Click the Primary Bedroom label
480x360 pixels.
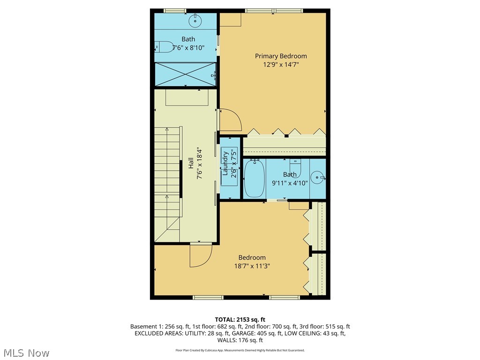click(x=281, y=56)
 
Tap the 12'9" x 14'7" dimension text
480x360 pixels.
click(x=281, y=65)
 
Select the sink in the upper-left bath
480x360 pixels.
click(x=195, y=21)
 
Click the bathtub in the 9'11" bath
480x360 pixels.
click(x=255, y=179)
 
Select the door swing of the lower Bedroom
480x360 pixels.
click(x=200, y=255)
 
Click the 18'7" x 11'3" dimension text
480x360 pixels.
click(x=252, y=266)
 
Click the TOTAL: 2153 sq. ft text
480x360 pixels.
click(x=240, y=319)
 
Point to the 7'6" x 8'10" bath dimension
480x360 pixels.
click(x=188, y=47)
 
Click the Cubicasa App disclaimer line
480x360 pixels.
click(x=240, y=350)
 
